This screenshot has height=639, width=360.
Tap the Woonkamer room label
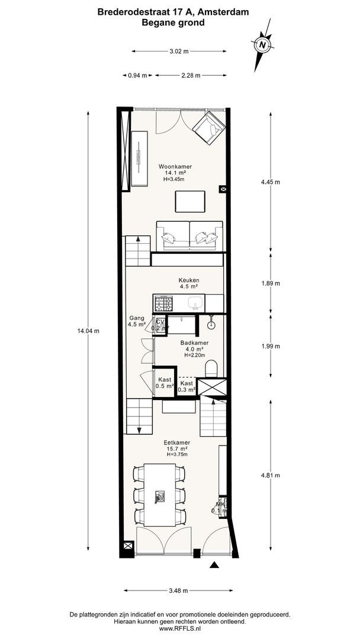175,167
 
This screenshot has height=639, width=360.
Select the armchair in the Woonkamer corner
209,128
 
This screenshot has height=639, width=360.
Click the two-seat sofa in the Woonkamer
189,235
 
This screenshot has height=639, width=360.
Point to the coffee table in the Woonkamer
190,201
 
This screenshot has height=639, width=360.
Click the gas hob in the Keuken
164,303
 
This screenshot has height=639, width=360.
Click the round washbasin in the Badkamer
211,325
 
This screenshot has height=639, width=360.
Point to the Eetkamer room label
177,442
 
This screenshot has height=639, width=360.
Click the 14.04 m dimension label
88,331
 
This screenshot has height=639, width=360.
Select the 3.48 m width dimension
178,590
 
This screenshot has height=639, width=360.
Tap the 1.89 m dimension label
271,283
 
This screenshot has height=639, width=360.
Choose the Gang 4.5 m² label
137,321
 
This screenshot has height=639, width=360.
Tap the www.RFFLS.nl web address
180,630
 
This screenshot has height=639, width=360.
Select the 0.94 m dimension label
137,75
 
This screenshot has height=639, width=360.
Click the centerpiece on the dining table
159,496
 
